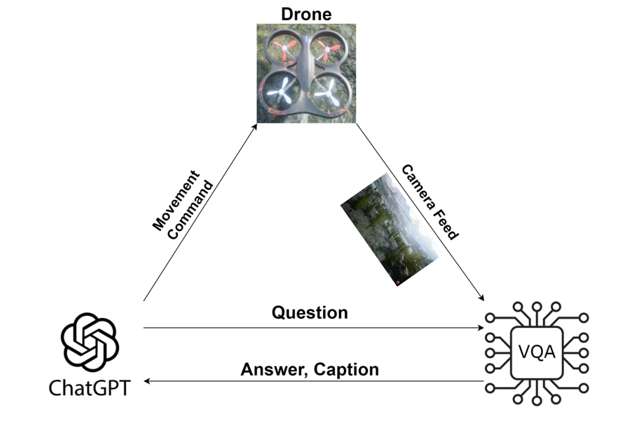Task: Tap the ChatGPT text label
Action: point(89,388)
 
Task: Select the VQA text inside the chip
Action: point(536,353)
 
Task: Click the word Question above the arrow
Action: point(309,313)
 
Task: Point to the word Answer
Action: point(274,369)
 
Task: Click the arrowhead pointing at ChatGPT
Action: point(148,381)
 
